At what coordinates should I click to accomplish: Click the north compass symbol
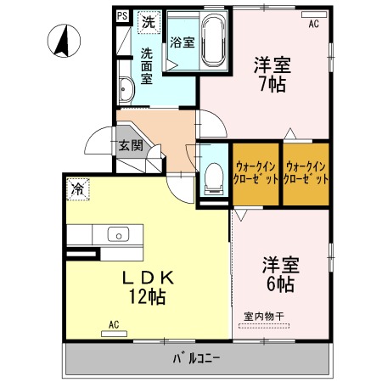tap(64, 41)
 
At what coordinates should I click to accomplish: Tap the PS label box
tap(122, 16)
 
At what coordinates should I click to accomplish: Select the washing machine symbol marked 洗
tap(149, 22)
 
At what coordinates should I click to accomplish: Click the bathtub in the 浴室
tap(214, 41)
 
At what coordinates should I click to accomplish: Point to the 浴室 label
tap(183, 42)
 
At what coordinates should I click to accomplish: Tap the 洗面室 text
tap(147, 66)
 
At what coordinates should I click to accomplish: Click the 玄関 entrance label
tap(131, 145)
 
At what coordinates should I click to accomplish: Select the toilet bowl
tap(214, 178)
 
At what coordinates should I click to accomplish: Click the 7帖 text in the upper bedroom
tap(272, 84)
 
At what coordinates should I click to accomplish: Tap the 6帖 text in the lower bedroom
tap(280, 284)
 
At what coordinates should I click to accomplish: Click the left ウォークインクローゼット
tap(256, 173)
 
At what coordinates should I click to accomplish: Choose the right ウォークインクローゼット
tap(306, 173)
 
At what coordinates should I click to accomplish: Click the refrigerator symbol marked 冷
tap(78, 189)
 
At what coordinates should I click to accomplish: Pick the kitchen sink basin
tap(118, 234)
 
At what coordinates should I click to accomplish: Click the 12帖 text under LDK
tap(148, 296)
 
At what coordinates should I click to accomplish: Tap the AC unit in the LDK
tap(114, 334)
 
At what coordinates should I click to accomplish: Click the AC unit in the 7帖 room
tap(314, 14)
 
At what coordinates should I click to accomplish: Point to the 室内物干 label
tap(264, 317)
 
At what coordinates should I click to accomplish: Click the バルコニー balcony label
tap(196, 359)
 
